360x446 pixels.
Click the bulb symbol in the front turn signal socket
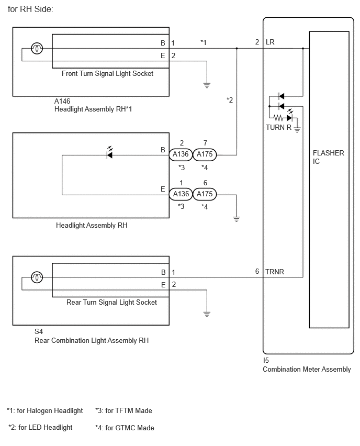(37, 48)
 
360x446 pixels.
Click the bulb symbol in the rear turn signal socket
(37, 277)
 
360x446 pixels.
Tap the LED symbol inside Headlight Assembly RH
(109, 153)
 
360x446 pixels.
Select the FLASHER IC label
(329, 157)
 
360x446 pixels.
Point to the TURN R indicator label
(278, 127)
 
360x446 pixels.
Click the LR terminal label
(270, 42)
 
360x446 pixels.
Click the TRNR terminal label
(275, 272)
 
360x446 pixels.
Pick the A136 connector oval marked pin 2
(181, 154)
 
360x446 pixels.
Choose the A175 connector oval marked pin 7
(205, 154)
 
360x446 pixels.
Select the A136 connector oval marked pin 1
(181, 194)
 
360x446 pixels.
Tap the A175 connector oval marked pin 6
(205, 194)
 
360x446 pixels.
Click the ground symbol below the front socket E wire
(207, 85)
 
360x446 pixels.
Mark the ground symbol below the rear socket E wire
(207, 314)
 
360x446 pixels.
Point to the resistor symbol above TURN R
(278, 117)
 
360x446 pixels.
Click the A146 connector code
(62, 101)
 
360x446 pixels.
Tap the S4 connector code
(39, 332)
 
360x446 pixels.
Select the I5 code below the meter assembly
(266, 360)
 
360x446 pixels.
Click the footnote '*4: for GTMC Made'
(125, 428)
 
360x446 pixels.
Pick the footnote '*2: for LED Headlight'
(40, 428)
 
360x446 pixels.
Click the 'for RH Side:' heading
(30, 9)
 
